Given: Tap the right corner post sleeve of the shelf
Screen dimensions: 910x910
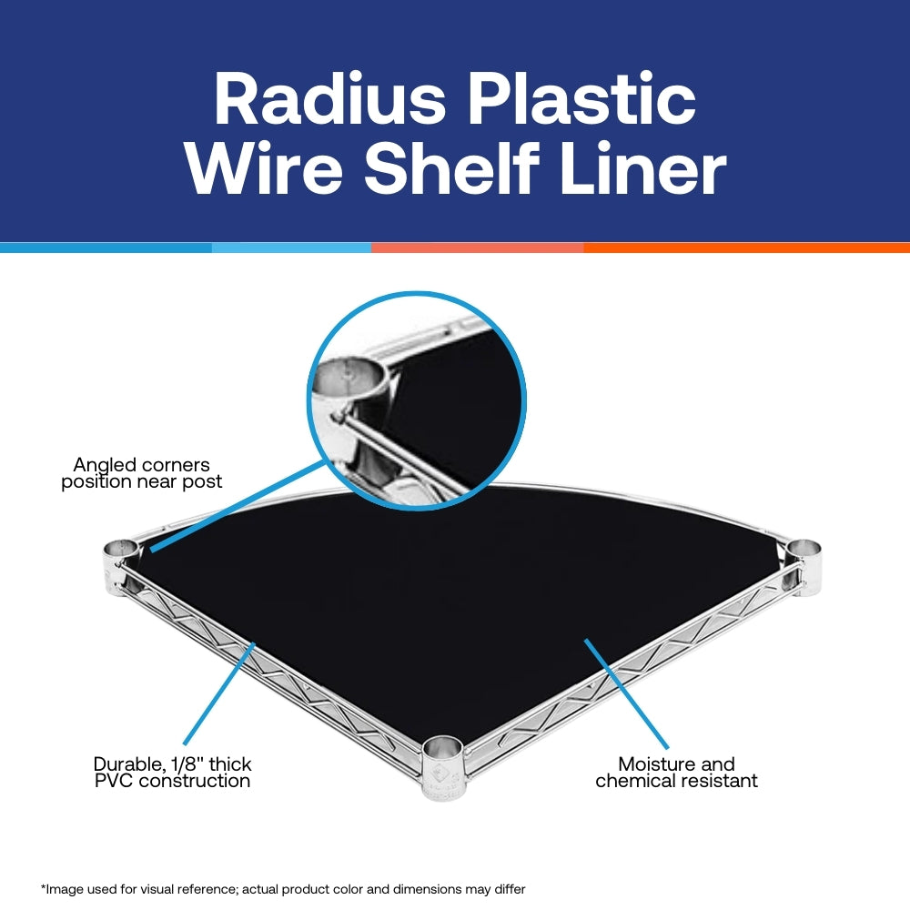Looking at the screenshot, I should pyautogui.click(x=804, y=553).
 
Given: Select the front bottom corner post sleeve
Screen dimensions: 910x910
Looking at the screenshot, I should pyautogui.click(x=442, y=757).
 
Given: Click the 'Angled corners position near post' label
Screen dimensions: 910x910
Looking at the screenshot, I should pyautogui.click(x=142, y=473).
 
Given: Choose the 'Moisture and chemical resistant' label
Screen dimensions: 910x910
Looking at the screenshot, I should pyautogui.click(x=676, y=772).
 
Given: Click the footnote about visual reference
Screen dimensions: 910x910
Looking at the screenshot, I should pyautogui.click(x=283, y=888).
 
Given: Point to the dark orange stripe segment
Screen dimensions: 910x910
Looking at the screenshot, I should pyautogui.click(x=746, y=248).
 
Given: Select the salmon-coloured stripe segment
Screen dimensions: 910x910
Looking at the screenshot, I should pyautogui.click(x=477, y=248).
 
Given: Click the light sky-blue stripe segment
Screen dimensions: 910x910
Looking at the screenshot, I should pyautogui.click(x=291, y=248).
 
